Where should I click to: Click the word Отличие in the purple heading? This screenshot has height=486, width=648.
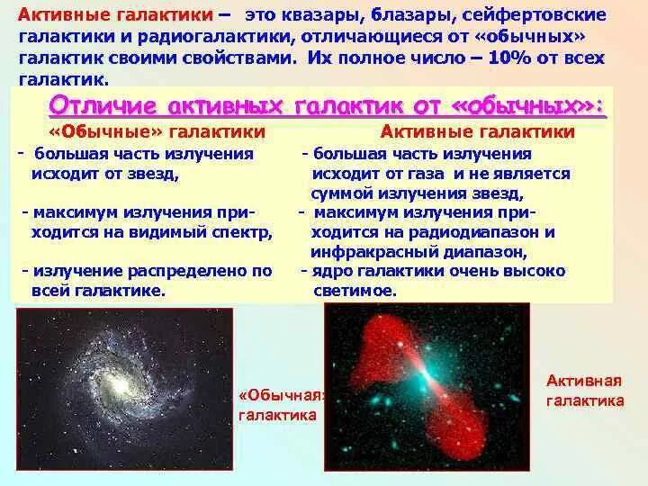(x=98, y=104)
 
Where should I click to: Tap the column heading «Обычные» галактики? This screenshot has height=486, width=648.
(x=156, y=132)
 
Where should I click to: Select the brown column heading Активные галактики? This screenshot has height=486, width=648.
(x=477, y=132)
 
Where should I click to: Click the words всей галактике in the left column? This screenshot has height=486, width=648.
(x=98, y=291)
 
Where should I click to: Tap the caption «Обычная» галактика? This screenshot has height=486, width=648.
(x=279, y=406)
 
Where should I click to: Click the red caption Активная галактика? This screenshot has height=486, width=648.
(x=585, y=391)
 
